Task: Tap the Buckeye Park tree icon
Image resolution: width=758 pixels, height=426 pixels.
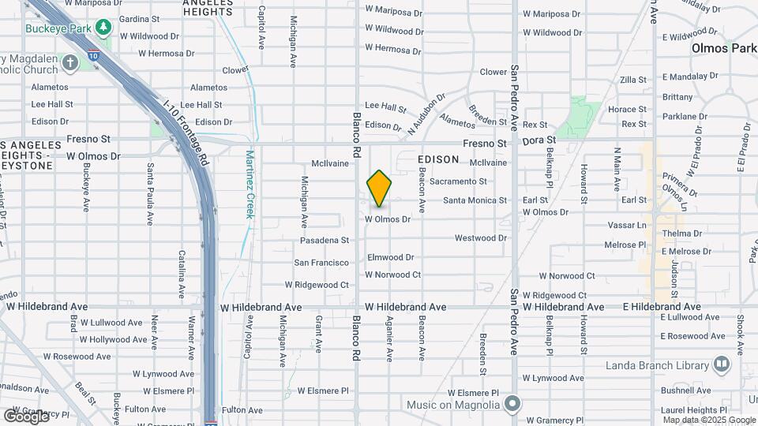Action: click(x=103, y=28)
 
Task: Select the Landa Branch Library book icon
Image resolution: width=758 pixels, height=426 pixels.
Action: click(x=721, y=364)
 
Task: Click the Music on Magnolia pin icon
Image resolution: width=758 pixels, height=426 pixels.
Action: click(x=512, y=405)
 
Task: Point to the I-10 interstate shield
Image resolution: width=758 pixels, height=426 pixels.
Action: click(x=94, y=57)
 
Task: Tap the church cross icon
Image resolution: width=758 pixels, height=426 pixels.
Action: click(x=70, y=62)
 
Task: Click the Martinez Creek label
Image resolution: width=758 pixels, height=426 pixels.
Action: click(x=250, y=185)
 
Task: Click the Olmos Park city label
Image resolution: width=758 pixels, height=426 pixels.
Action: click(x=724, y=48)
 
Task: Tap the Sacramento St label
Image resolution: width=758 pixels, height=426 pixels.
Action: click(x=458, y=181)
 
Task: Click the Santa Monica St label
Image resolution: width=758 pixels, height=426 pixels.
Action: click(x=475, y=200)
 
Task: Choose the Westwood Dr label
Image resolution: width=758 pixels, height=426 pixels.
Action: click(x=480, y=237)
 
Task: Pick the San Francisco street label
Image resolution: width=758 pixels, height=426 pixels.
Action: click(x=321, y=263)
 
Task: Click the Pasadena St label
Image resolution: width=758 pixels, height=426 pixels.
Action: click(x=325, y=240)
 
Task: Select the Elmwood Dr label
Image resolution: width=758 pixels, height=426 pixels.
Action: click(x=390, y=257)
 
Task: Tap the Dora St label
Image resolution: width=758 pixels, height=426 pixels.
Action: click(x=539, y=140)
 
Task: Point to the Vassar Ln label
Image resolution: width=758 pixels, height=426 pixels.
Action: click(x=630, y=225)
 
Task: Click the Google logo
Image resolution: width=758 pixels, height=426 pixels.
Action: click(x=26, y=416)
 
